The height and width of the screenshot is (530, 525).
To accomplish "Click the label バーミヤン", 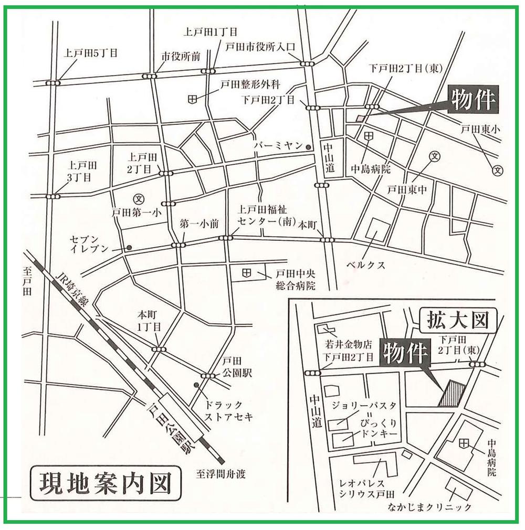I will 278,146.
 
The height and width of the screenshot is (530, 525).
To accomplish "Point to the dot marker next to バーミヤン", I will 309,147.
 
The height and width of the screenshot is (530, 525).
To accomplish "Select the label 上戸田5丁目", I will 90,53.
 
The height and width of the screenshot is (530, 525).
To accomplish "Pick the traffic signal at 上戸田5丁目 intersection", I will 53,82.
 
